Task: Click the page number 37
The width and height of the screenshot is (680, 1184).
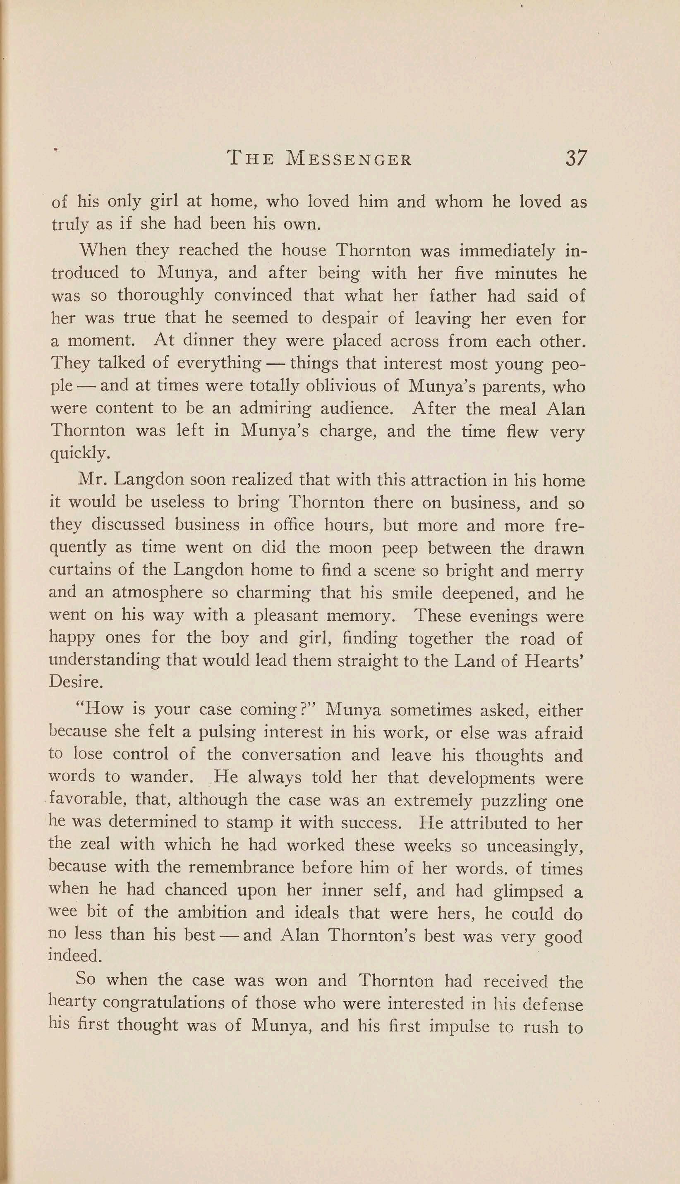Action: (575, 159)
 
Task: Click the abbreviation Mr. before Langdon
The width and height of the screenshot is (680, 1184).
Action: (89, 481)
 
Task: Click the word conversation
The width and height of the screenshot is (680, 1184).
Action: (292, 756)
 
